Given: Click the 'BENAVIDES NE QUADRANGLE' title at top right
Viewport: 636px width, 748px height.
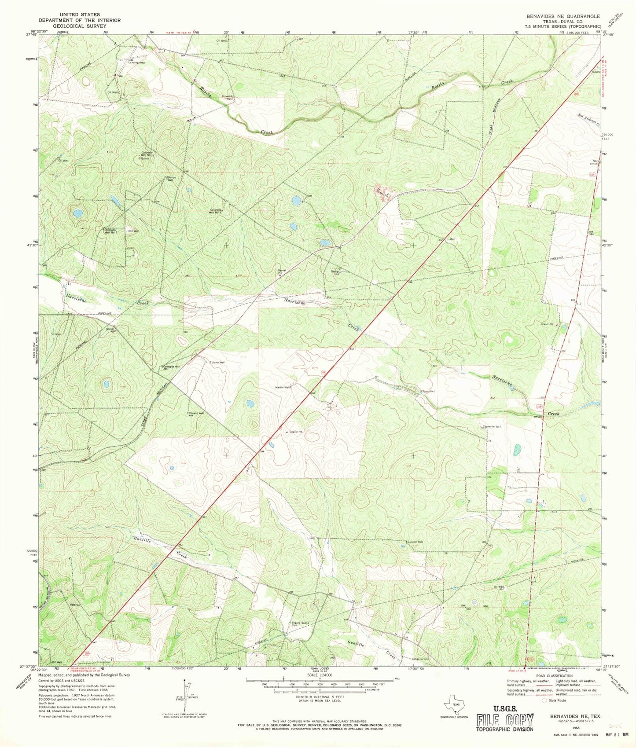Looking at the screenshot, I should click(x=560, y=16).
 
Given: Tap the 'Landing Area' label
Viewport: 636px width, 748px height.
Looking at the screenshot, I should click(x=136, y=62).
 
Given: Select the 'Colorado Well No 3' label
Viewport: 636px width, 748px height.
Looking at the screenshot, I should click(x=218, y=211).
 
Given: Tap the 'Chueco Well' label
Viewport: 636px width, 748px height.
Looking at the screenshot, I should click(x=196, y=414).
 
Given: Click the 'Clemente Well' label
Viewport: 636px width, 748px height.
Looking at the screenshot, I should click(x=492, y=427).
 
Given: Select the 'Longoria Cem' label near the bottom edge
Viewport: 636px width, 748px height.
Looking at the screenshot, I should click(x=420, y=659).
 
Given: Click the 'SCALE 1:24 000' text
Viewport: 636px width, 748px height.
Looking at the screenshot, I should click(x=320, y=675).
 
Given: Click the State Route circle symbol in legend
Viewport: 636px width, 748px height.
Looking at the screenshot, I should click(x=545, y=700).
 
